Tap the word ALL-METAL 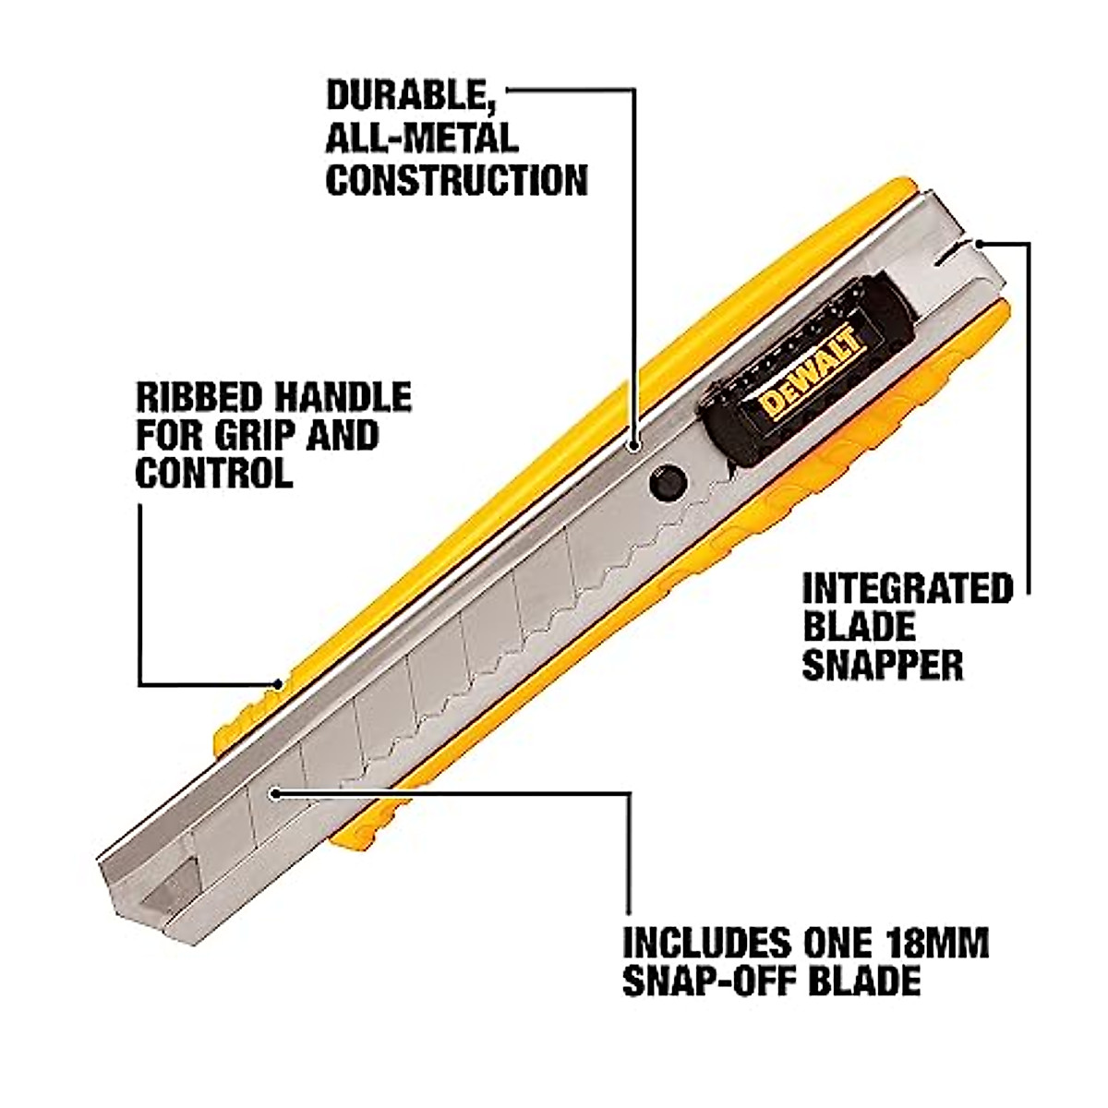coord(422,138)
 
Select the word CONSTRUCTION coord(457,179)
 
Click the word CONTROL coord(214,474)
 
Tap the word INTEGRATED coord(908,588)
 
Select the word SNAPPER coord(883,665)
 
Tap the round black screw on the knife coord(667,482)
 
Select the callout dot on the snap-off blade coord(274,792)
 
